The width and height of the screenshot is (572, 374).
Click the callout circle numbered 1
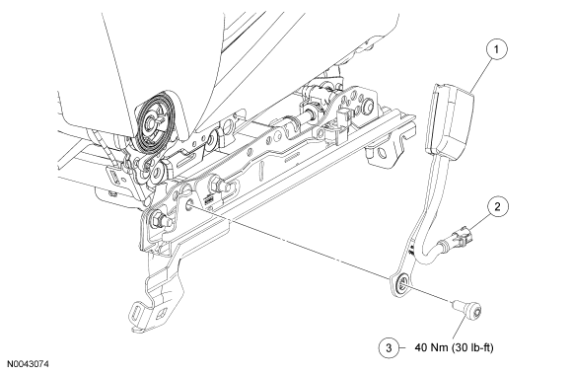pos(496,49)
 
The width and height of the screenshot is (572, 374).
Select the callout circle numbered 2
pos(498,207)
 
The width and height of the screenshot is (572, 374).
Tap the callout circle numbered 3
pos(389,347)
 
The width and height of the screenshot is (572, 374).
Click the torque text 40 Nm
pos(431,347)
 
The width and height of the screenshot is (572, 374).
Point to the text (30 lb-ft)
pos(472,347)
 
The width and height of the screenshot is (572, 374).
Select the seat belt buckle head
pos(449,116)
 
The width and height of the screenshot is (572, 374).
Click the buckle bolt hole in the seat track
pos(190,204)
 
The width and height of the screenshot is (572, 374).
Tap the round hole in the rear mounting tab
pos(382,153)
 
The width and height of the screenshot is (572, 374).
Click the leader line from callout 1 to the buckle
pos(481,74)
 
